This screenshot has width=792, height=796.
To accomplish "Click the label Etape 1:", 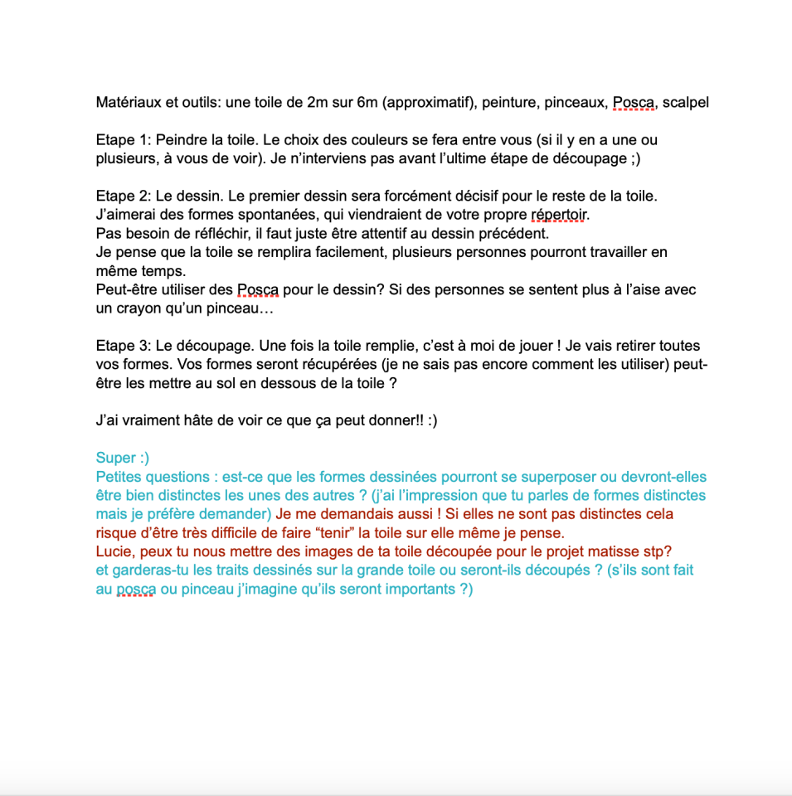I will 123,140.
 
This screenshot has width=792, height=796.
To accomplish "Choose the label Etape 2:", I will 123,197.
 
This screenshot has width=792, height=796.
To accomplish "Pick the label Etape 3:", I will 123,346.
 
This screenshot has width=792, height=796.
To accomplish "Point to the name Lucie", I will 115,551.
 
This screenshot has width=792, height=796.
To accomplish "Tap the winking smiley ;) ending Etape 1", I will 634,159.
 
